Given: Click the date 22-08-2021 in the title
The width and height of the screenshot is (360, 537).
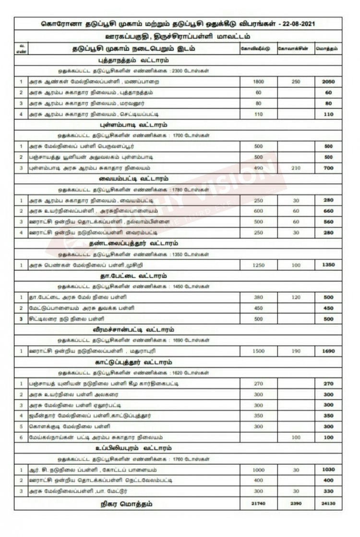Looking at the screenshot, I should [299, 24].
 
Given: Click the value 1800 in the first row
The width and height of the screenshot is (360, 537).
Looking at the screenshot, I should [258, 82].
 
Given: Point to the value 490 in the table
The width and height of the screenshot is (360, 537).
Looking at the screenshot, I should [258, 168].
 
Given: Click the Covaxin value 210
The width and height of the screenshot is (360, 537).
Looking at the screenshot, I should [295, 168].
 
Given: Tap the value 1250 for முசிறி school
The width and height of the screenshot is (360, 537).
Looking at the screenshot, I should [258, 265].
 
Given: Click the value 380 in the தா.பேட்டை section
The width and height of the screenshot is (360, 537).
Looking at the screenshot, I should [258, 297].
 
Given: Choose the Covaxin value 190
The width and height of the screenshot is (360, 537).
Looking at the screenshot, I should [295, 351].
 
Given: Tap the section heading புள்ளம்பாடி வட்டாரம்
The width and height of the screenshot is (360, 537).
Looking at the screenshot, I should [127, 125].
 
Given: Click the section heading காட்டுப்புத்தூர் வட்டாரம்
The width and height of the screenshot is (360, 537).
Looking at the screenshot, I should [127, 362].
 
